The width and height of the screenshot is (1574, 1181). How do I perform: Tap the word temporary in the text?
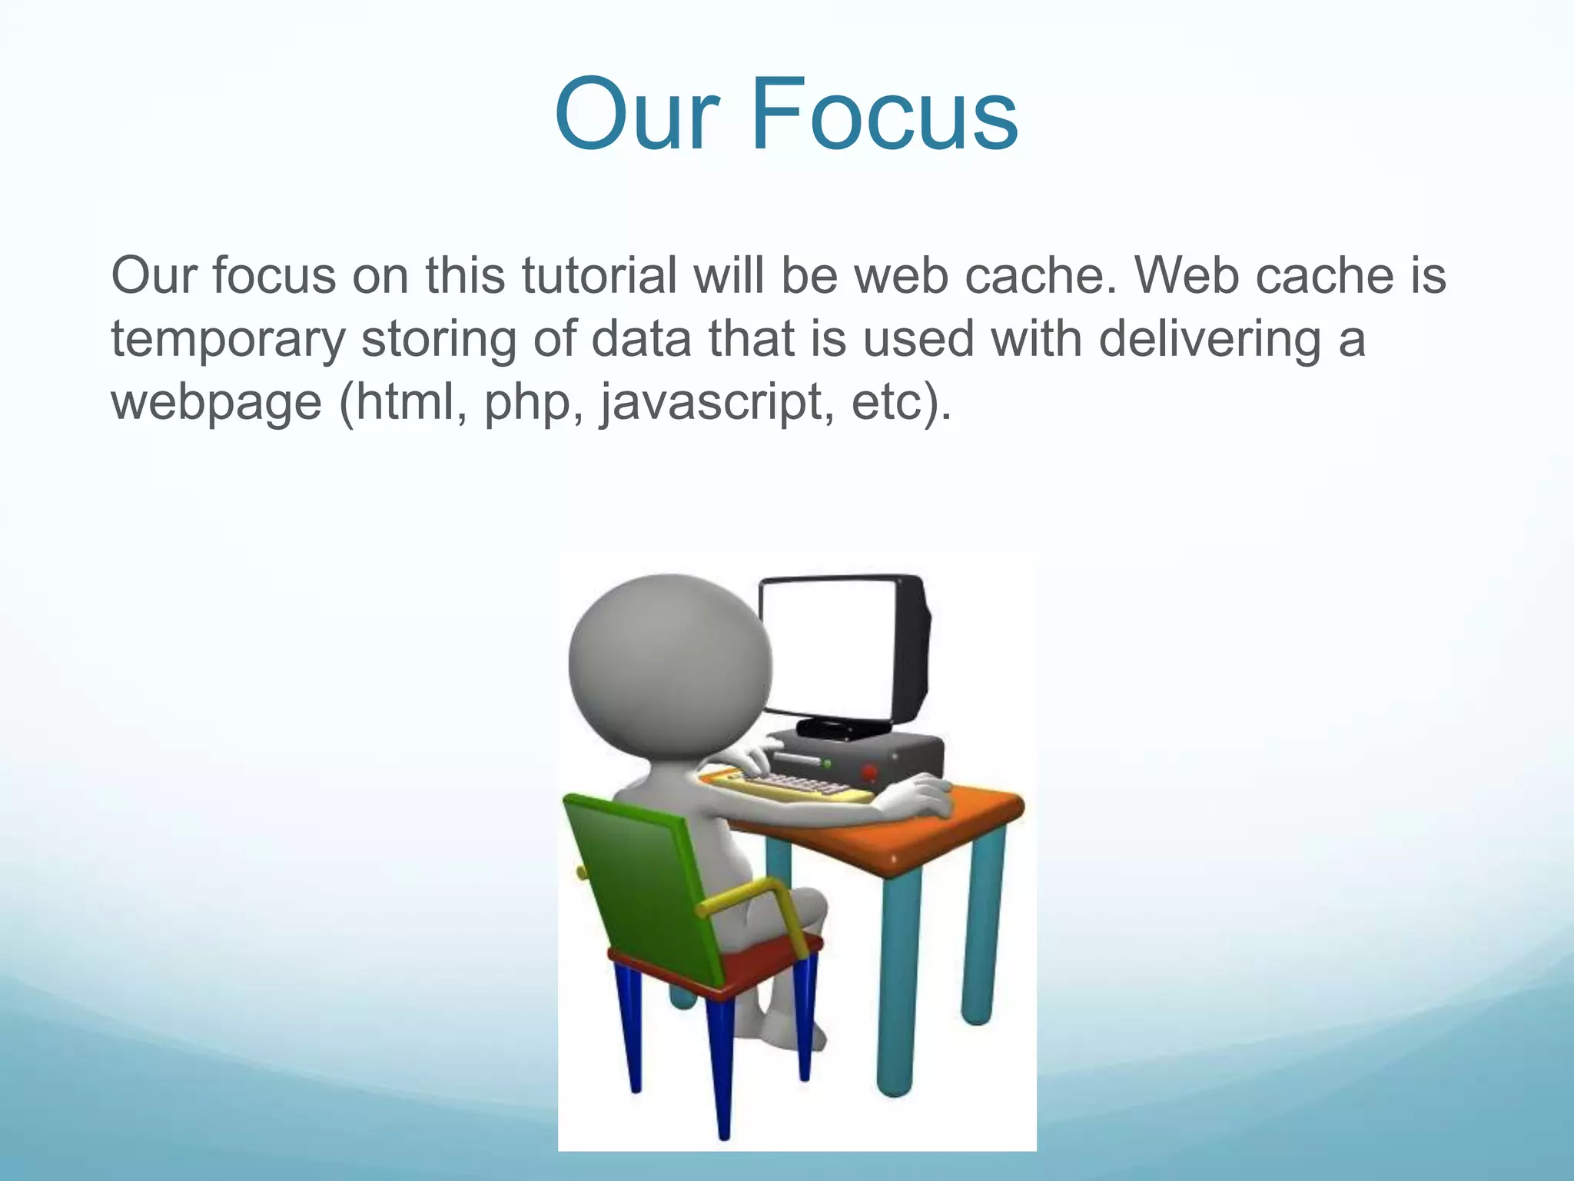(x=228, y=340)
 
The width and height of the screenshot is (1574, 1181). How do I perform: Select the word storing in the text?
(x=439, y=340)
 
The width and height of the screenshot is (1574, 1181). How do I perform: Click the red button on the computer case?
(x=869, y=771)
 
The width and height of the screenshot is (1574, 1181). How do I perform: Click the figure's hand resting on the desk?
(x=922, y=796)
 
